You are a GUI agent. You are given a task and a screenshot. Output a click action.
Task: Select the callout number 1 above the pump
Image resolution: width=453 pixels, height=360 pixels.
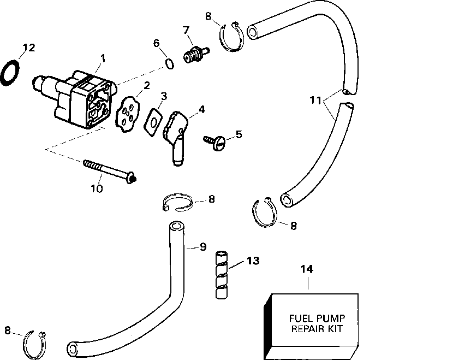(x=103, y=57)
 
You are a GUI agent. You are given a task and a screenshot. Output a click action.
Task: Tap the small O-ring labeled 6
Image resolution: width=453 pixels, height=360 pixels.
(x=170, y=65)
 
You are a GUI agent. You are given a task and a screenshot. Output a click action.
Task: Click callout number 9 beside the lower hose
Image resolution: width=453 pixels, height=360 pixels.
(x=202, y=247)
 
